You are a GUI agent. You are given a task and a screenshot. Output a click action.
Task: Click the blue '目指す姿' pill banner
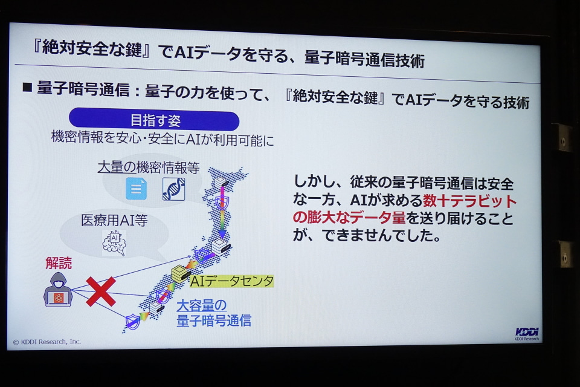pos(154,120)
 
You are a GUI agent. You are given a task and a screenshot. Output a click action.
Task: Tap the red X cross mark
pos(101,291)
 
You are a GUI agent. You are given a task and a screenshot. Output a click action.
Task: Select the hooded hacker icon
pos(58,290)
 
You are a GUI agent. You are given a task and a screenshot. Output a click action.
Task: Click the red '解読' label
pos(59,262)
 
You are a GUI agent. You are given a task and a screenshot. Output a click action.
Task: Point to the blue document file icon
pos(136,189)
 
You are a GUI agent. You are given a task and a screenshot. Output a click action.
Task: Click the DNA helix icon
pos(173,189)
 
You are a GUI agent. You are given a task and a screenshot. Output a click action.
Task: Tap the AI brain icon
pos(114,243)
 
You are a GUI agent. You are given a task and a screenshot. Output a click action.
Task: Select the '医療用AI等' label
pos(114,220)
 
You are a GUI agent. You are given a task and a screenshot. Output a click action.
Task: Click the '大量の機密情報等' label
pos(149,167)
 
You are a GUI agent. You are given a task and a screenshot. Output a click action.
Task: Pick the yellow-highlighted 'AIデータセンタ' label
pos(231,281)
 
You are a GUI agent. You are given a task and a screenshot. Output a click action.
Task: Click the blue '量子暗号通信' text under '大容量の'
pos(214,320)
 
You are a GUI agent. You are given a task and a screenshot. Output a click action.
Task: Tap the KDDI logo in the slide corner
pos(527,334)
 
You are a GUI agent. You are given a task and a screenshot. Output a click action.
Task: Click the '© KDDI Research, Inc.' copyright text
pos(47,342)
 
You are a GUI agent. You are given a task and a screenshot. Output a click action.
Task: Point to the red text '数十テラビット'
pos(469,201)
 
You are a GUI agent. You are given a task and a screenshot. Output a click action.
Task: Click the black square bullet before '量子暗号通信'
pos(27,88)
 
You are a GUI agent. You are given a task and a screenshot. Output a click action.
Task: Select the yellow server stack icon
pos(181,274)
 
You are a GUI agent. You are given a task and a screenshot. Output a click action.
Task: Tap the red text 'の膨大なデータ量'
pos(349,218)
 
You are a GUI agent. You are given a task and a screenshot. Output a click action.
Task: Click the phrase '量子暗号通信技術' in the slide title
pos(365,59)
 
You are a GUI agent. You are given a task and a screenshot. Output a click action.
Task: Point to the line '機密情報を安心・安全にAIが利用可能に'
pos(163,139)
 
